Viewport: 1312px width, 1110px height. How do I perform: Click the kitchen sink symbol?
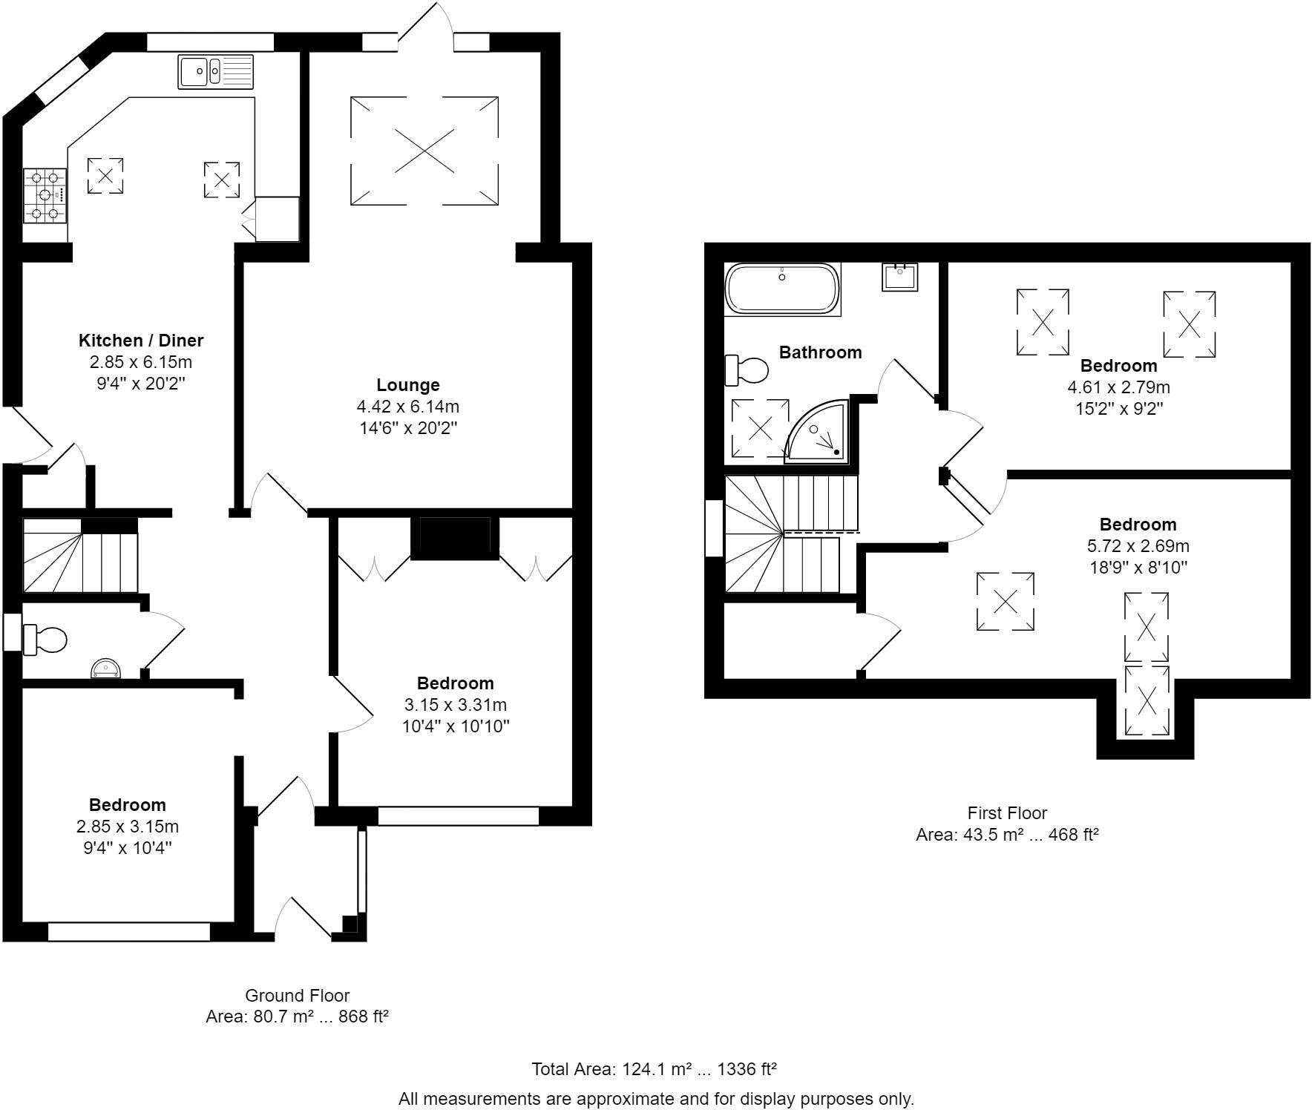coord(215,72)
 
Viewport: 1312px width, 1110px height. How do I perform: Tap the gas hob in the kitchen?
coord(45,196)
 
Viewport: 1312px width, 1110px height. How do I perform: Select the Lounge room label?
coord(408,385)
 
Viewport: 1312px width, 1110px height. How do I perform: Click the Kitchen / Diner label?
coord(141,341)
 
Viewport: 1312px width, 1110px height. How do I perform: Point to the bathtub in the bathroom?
coord(782,289)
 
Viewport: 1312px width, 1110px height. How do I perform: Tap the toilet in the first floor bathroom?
coord(747,370)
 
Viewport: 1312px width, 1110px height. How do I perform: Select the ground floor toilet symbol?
coord(45,640)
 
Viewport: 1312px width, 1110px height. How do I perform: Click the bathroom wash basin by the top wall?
coord(900,277)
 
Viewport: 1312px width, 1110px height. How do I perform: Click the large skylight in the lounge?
coord(424,151)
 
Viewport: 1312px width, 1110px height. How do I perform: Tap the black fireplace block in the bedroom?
coord(455,537)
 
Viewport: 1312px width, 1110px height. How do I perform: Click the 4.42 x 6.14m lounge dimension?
coord(408,407)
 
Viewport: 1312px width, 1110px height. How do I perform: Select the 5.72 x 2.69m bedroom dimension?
coord(1138,546)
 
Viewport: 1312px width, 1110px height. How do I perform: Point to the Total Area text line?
coord(654,1069)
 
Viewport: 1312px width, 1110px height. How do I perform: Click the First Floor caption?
coord(1007,812)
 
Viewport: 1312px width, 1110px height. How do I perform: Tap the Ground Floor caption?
coord(297,995)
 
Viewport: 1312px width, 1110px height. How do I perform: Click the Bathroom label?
coord(820,352)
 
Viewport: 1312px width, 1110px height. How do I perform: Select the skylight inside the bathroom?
coord(761,428)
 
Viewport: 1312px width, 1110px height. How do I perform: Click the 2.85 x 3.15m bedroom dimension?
coord(128,827)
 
